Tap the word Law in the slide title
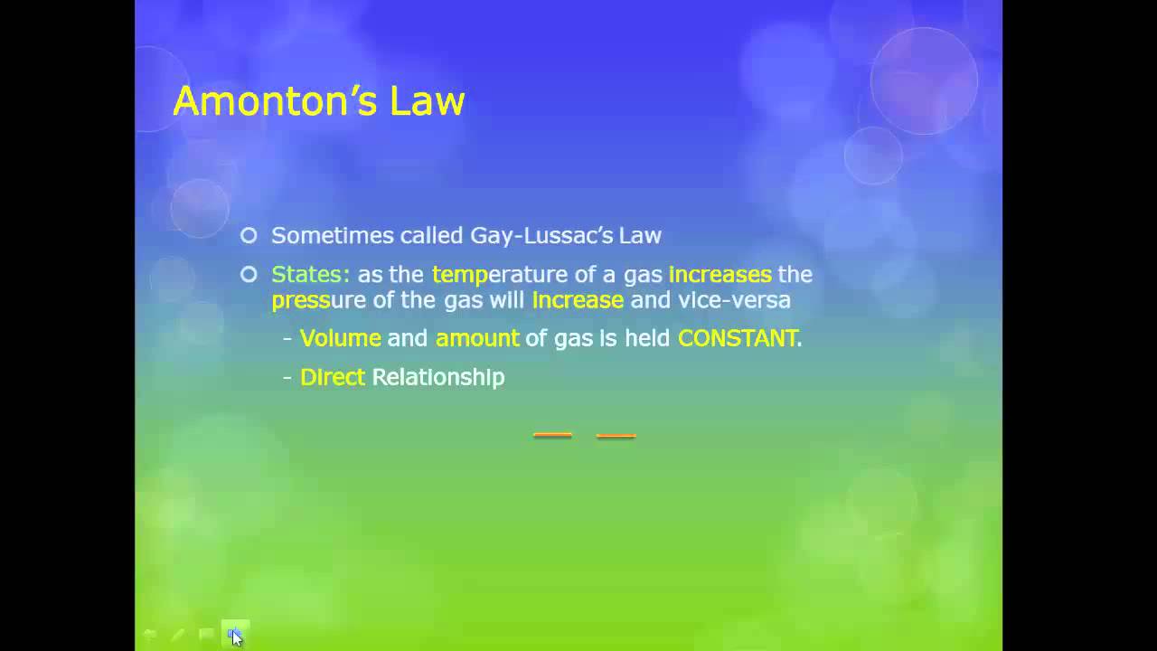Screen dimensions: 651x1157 428,100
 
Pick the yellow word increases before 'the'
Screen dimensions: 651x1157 720,274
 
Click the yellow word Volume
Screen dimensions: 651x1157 340,338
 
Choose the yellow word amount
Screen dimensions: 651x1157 477,338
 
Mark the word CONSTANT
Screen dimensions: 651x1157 738,338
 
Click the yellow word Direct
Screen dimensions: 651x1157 332,377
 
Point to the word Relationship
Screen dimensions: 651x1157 438,377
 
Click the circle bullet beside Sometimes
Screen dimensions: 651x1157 249,236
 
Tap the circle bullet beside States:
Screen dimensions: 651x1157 249,274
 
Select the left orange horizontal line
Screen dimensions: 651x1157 552,436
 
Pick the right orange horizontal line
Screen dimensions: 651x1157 616,436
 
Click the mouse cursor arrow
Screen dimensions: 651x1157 236,637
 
